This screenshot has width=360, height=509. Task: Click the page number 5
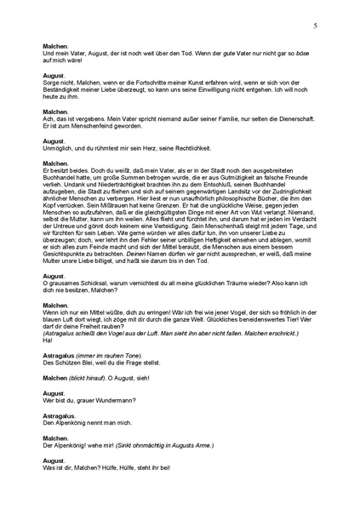pos(315,26)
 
